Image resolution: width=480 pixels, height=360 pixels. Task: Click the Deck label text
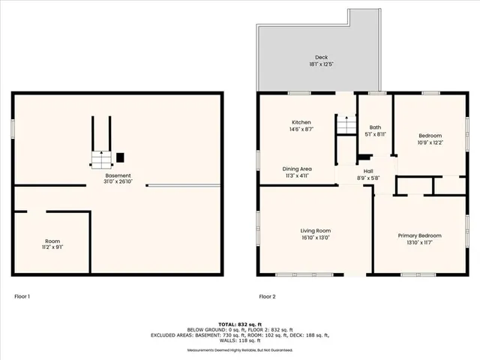321,57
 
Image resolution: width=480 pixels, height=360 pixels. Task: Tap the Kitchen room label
301,122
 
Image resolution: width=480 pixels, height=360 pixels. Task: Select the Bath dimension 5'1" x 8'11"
375,134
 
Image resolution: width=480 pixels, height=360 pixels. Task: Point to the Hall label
368,170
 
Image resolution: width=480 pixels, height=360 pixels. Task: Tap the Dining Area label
297,169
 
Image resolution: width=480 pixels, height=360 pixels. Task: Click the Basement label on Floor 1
118,175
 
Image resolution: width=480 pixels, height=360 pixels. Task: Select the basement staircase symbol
100,158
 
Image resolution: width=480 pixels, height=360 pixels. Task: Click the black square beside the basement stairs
120,157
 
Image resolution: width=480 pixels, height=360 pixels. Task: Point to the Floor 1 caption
22,296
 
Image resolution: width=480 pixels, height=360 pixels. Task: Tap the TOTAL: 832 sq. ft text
239,321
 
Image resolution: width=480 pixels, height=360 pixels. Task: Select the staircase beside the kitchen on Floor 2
344,126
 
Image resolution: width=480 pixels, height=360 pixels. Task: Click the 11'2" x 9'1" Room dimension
52,247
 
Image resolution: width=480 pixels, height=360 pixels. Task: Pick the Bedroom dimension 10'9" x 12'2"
430,142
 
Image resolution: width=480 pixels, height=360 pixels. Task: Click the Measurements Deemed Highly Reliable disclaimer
239,349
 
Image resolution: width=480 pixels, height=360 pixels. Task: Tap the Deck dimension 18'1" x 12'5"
321,65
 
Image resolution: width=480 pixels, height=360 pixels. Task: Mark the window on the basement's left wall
13,128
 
